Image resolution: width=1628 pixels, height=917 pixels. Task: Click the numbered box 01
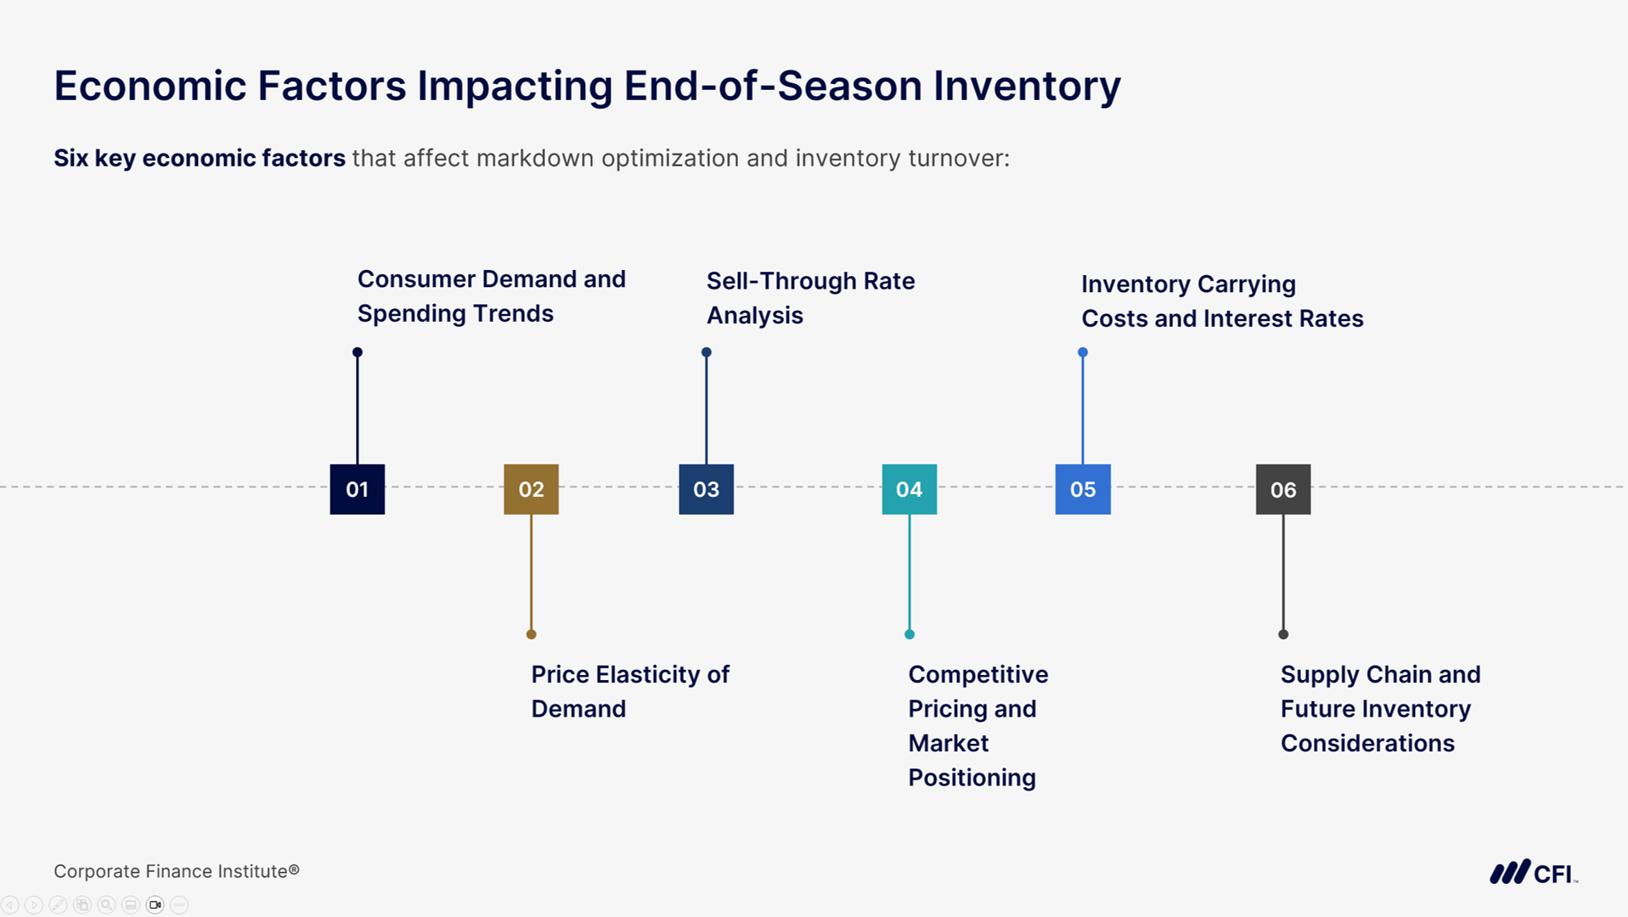pyautogui.click(x=357, y=489)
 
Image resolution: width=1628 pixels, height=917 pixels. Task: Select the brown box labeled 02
pyautogui.click(x=531, y=489)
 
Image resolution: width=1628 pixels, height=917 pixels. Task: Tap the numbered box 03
pyautogui.click(x=706, y=489)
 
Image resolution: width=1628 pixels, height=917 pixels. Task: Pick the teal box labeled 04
pyautogui.click(x=909, y=489)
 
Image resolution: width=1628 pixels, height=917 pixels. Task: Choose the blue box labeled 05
pyautogui.click(x=1082, y=489)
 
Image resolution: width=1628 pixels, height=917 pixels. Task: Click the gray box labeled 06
pyautogui.click(x=1282, y=489)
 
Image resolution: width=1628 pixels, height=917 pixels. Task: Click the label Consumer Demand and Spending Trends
pyautogui.click(x=491, y=296)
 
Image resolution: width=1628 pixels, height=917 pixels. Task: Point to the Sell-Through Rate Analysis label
pyautogui.click(x=810, y=298)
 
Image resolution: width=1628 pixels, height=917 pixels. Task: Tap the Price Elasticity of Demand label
pyautogui.click(x=629, y=691)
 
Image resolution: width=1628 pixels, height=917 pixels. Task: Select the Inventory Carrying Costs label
pyautogui.click(x=1221, y=301)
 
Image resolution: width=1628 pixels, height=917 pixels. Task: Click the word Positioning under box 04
pyautogui.click(x=972, y=778)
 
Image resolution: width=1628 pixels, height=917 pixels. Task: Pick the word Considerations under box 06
pyautogui.click(x=1367, y=744)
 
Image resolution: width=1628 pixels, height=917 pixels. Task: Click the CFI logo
pyautogui.click(x=1533, y=873)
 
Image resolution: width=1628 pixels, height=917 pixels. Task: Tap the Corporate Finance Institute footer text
pyautogui.click(x=176, y=871)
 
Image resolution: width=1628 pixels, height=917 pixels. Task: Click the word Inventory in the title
pyautogui.click(x=1027, y=86)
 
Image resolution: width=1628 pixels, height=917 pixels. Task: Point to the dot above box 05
pyautogui.click(x=1082, y=352)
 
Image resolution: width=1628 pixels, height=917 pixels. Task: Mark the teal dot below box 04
pyautogui.click(x=909, y=634)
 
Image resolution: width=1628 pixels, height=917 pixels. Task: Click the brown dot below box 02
pyautogui.click(x=531, y=634)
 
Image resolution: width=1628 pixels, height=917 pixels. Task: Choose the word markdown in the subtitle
pyautogui.click(x=535, y=159)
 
